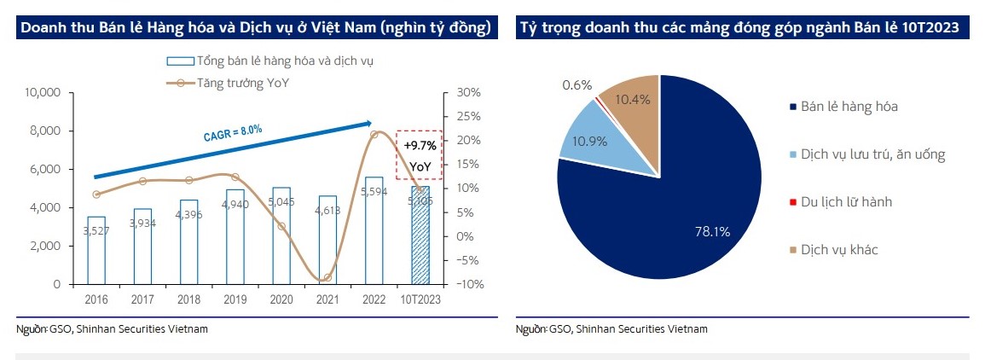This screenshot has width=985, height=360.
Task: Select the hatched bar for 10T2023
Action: point(420,247)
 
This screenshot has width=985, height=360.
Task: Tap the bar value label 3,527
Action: point(96,230)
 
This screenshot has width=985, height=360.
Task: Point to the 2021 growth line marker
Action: point(327,278)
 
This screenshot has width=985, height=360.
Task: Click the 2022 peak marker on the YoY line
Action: point(374,135)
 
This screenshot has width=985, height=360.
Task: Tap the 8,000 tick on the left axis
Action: point(43,131)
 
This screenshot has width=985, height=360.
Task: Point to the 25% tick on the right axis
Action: point(469,116)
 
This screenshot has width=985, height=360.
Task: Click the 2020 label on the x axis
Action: point(281,299)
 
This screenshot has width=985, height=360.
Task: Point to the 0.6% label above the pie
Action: point(577,85)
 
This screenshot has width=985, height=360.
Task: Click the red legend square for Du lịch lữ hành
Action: point(793,202)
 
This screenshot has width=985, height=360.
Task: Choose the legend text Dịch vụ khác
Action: point(839,250)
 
